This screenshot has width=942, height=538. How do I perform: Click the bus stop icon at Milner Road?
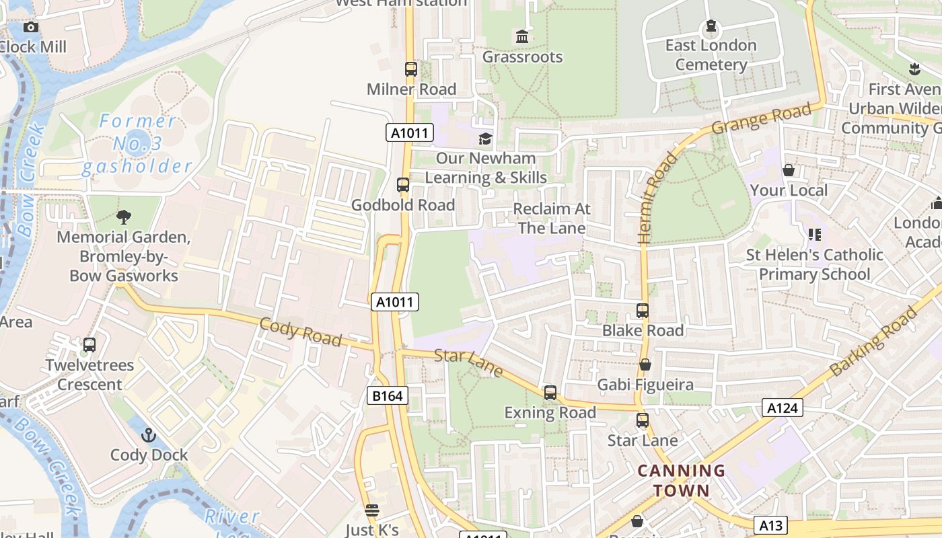(x=410, y=69)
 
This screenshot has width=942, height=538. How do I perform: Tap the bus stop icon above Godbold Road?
(x=403, y=184)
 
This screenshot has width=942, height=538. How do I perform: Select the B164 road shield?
(x=388, y=396)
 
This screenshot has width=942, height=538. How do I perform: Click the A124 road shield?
(x=783, y=407)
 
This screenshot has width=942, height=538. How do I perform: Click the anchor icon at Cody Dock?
(x=149, y=435)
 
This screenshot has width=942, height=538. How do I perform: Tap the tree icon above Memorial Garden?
(x=123, y=217)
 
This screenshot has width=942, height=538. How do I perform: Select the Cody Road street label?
(x=301, y=331)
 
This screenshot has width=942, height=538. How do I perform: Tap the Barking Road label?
(x=873, y=342)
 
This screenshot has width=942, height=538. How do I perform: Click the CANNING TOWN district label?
(x=682, y=480)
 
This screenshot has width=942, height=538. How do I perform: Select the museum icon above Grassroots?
(x=522, y=36)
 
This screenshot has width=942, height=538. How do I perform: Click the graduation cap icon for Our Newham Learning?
(x=485, y=139)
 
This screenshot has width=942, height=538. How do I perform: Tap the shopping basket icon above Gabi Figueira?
(x=645, y=364)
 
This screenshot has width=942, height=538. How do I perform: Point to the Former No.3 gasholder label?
(x=137, y=144)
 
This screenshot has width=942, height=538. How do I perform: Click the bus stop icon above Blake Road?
(x=643, y=311)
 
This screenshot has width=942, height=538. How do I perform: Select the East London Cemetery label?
(x=711, y=55)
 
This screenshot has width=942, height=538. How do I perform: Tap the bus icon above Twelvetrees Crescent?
(x=89, y=345)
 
